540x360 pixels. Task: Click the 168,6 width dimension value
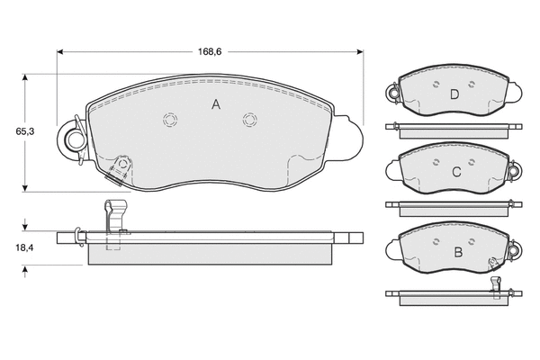tap(210, 51)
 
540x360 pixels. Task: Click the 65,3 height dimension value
tap(25, 131)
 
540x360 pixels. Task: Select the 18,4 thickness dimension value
tap(24, 247)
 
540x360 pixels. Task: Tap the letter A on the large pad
tap(216, 104)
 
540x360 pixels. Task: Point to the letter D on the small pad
tap(454, 94)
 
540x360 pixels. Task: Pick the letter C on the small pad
tap(456, 172)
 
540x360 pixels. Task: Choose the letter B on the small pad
tap(458, 252)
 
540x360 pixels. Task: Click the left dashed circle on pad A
tap(170, 121)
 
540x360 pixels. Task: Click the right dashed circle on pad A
tap(249, 121)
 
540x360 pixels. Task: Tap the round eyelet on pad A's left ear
tap(75, 140)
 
